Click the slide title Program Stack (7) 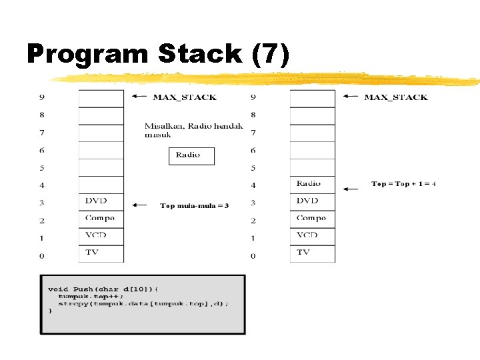(x=158, y=53)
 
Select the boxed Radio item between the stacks (x=191, y=156)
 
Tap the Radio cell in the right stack (x=312, y=184)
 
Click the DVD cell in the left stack (x=101, y=201)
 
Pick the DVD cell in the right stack (x=312, y=201)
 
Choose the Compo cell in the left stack (x=101, y=219)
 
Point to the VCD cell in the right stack (x=312, y=236)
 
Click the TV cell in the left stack (x=101, y=253)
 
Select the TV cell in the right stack (x=312, y=253)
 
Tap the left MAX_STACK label (x=185, y=97)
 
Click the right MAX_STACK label (x=396, y=97)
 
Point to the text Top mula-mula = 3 (x=194, y=206)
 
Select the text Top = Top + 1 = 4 (x=403, y=184)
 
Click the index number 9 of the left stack (x=42, y=97)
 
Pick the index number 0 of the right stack (x=253, y=256)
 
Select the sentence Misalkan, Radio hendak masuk (x=194, y=130)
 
